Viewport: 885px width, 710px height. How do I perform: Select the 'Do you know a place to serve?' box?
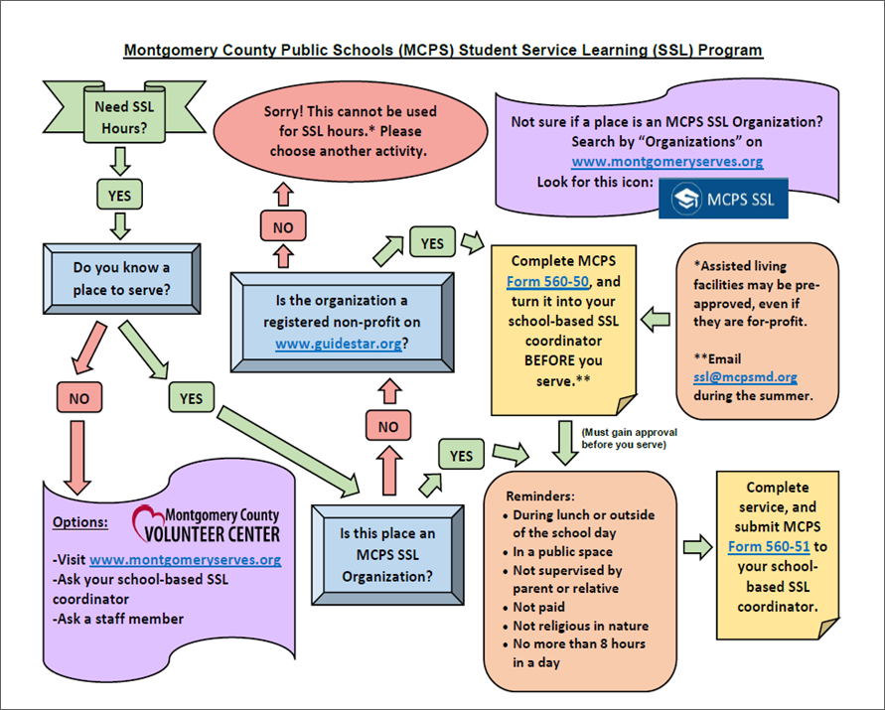pyautogui.click(x=121, y=279)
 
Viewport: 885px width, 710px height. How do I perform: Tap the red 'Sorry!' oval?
pyautogui.click(x=350, y=130)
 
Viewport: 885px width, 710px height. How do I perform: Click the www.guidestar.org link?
pyautogui.click(x=338, y=344)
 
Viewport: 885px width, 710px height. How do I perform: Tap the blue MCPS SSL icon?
pyautogui.click(x=723, y=199)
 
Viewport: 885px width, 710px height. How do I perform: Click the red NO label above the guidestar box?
pyautogui.click(x=283, y=227)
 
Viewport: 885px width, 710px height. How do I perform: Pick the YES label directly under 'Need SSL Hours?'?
pyautogui.click(x=119, y=195)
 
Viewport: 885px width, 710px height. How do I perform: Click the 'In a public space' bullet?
pyautogui.click(x=562, y=551)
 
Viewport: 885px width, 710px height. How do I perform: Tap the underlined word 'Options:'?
pyautogui.click(x=79, y=522)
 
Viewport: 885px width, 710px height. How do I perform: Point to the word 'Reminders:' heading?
pyautogui.click(x=540, y=496)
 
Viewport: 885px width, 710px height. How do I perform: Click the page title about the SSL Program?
pyautogui.click(x=443, y=50)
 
